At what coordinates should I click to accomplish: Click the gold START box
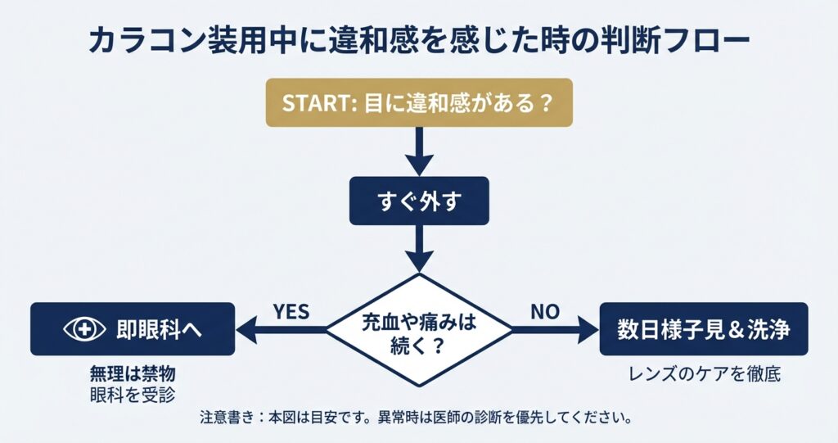(419, 104)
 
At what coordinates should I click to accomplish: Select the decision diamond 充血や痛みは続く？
(419, 331)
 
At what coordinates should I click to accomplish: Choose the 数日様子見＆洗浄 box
(704, 329)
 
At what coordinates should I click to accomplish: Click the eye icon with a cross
(84, 329)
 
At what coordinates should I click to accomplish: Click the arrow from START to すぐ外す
(419, 151)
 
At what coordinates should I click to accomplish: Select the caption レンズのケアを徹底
(704, 375)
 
